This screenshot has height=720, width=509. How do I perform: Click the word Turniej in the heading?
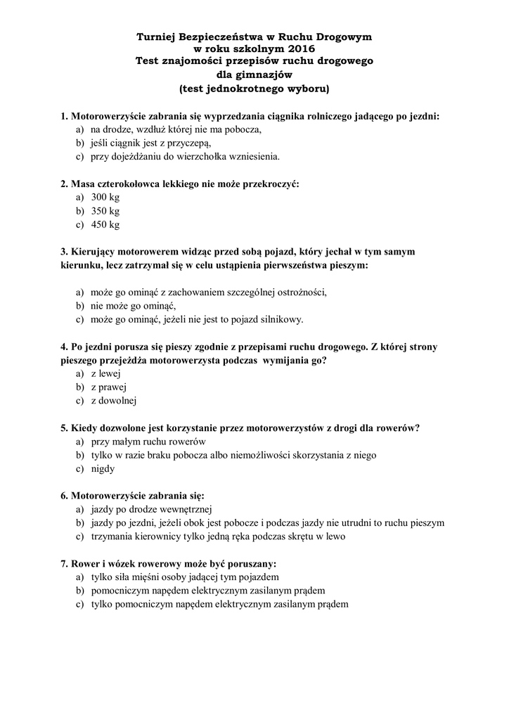[x=157, y=36]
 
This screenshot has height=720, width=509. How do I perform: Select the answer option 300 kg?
[x=105, y=198]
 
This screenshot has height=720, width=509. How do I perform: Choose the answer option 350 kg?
[x=105, y=211]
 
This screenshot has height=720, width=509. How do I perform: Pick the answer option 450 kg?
[x=105, y=224]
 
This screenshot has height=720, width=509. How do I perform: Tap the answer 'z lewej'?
[x=106, y=373]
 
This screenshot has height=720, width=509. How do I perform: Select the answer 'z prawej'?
[x=109, y=387]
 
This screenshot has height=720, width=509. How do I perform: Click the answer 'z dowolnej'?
[x=113, y=400]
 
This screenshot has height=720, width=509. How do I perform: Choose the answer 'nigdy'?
[x=103, y=468]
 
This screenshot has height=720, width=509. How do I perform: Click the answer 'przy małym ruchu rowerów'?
[x=148, y=441]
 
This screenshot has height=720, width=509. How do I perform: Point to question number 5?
[x=64, y=427]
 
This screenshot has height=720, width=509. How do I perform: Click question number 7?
[x=64, y=563]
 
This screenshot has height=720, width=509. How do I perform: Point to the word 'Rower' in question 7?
[x=86, y=563]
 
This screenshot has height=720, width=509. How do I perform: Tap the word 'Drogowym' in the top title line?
[x=344, y=36]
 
